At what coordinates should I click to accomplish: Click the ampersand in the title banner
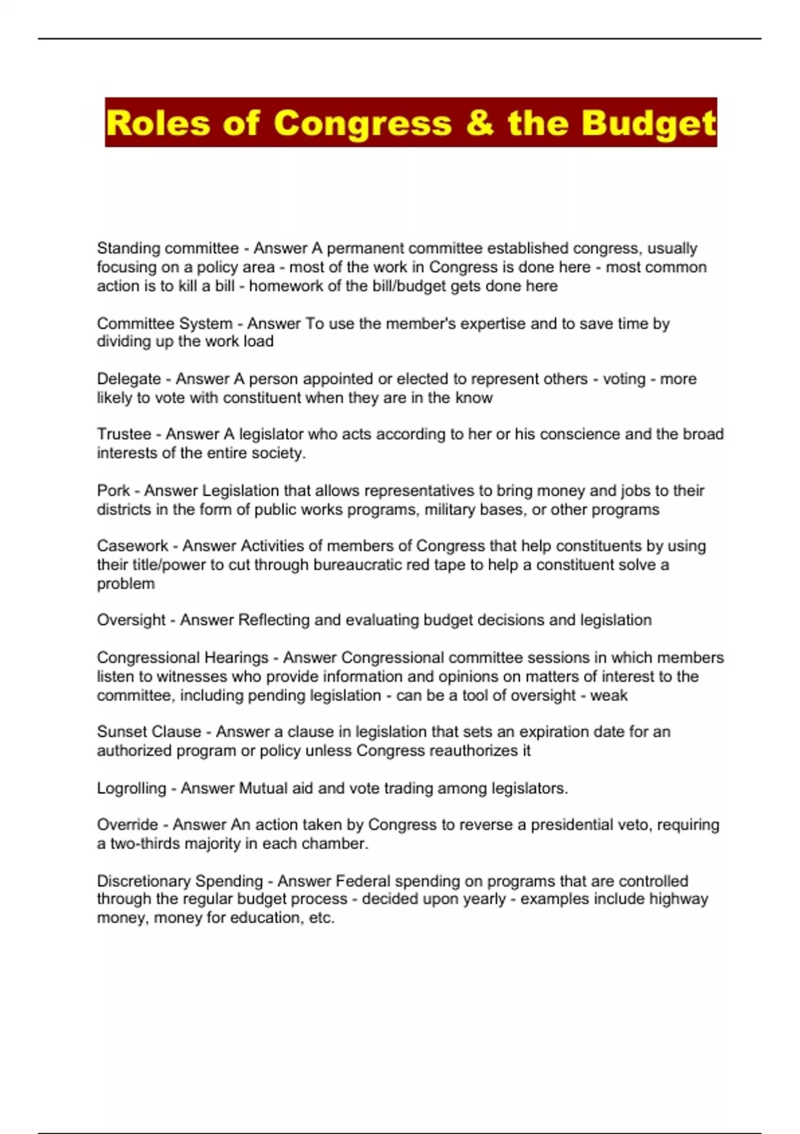[479, 123]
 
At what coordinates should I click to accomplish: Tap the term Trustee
[124, 434]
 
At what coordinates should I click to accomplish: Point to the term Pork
[113, 491]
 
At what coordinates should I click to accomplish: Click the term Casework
[133, 546]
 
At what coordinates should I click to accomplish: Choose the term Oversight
[131, 620]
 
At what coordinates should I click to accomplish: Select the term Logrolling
[131, 788]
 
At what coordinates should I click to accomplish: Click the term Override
[127, 824]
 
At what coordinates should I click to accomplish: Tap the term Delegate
[129, 379]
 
